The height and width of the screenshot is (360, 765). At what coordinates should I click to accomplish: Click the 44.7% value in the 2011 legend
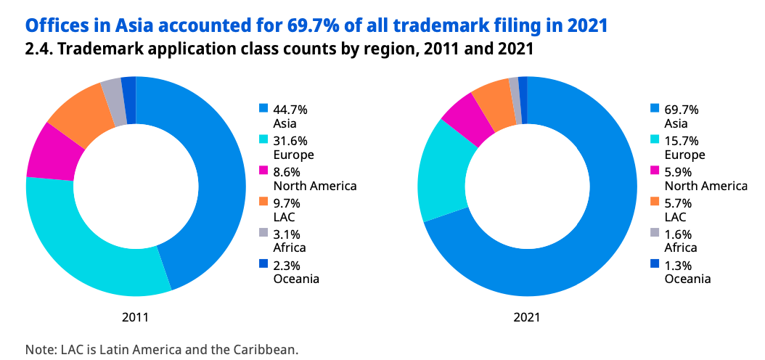pos(290,110)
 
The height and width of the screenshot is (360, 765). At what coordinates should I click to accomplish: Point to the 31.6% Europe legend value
pos(290,141)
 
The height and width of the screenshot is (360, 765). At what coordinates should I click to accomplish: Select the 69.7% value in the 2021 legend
pos(681,110)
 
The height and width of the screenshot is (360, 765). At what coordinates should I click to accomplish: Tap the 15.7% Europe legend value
pos(681,141)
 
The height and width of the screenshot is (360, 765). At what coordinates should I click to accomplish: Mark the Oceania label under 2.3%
pos(295,278)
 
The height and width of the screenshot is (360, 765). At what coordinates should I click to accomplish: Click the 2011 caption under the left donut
pos(135,317)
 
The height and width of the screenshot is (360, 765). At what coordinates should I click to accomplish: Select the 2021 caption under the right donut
pos(526,317)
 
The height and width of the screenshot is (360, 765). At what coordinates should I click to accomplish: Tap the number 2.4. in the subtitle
pos(38,49)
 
